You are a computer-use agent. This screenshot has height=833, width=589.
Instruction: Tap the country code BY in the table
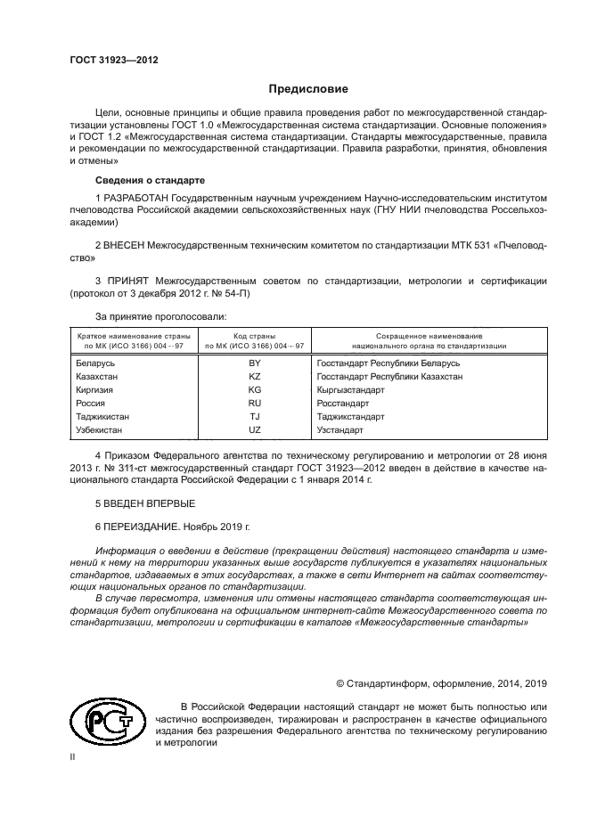coord(254,363)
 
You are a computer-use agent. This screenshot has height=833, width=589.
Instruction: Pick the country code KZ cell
coord(254,377)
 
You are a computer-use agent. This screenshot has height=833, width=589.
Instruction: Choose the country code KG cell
coord(254,390)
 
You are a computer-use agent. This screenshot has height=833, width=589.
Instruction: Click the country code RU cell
coord(254,404)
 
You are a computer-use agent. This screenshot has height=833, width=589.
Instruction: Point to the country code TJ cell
coord(254,417)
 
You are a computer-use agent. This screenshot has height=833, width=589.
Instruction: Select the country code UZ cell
coord(254,430)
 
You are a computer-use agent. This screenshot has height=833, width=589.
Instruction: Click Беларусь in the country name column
coord(95,363)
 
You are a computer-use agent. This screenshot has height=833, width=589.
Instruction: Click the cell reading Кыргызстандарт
coord(350,390)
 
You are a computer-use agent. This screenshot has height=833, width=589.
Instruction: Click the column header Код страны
coord(254,335)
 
